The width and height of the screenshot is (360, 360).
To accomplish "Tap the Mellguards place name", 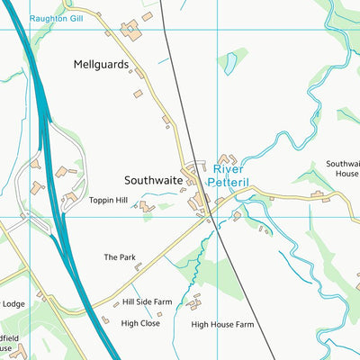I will pos(102,65).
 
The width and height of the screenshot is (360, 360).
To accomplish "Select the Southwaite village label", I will pos(153,181).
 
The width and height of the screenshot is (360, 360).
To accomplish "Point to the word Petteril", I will pos(229,182).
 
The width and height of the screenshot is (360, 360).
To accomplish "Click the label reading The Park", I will pos(119,257).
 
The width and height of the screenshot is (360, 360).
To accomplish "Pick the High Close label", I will pos(140,322).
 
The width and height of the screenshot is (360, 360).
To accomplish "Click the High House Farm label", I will pos(222,323).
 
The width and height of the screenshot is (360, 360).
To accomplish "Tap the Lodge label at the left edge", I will pos(13,304).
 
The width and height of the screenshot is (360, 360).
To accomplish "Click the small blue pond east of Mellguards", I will pos(230,62).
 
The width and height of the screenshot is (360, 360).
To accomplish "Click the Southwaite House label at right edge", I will pos(346,169).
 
